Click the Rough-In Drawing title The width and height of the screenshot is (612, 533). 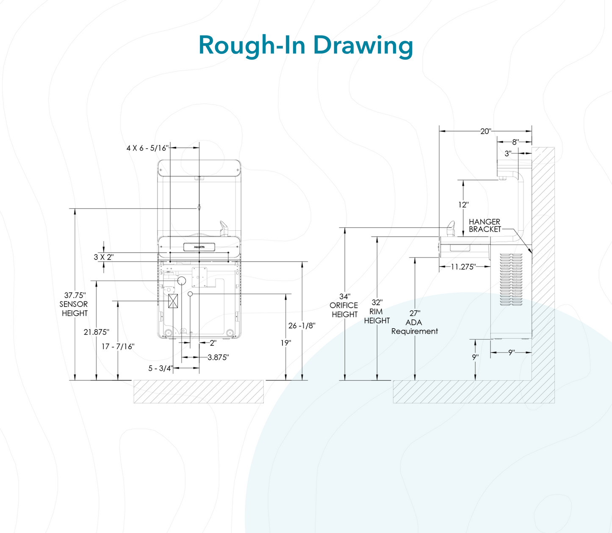pyautogui.click(x=305, y=45)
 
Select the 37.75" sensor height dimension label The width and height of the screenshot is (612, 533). pyautogui.click(x=75, y=304)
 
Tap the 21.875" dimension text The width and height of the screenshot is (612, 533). pyautogui.click(x=96, y=332)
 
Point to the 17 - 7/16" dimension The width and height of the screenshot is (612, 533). pyautogui.click(x=118, y=347)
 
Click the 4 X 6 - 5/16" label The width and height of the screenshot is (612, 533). pyautogui.click(x=147, y=148)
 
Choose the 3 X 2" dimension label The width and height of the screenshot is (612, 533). pyautogui.click(x=103, y=257)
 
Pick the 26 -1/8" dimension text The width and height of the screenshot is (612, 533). pyautogui.click(x=302, y=326)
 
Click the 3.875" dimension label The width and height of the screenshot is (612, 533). pyautogui.click(x=218, y=358)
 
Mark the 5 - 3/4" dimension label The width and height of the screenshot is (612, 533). pyautogui.click(x=160, y=368)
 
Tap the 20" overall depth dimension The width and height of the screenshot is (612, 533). pyautogui.click(x=485, y=131)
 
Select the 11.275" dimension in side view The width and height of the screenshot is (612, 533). pyautogui.click(x=463, y=267)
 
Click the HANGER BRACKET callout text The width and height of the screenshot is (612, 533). pyautogui.click(x=485, y=226)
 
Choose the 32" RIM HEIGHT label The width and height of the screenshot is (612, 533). pyautogui.click(x=377, y=312)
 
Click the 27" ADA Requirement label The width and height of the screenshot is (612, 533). pyautogui.click(x=414, y=323)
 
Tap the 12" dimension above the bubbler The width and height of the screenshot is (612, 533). pyautogui.click(x=463, y=205)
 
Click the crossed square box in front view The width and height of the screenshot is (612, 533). pyautogui.click(x=173, y=301)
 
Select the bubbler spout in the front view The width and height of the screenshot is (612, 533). pyautogui.click(x=224, y=227)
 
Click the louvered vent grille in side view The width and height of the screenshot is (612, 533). pyautogui.click(x=511, y=280)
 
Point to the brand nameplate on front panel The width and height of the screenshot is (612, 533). pyautogui.click(x=199, y=247)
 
